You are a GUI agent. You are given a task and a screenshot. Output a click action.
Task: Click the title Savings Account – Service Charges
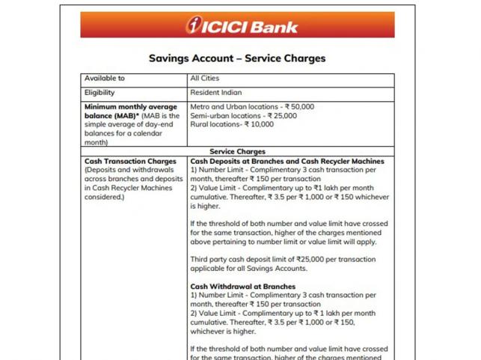(x=236, y=58)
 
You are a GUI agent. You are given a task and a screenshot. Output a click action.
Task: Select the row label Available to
(x=105, y=78)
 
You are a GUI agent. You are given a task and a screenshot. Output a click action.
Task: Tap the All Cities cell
(x=204, y=78)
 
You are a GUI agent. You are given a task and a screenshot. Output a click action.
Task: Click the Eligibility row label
(x=99, y=93)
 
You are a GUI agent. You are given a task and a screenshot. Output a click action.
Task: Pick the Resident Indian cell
(x=216, y=93)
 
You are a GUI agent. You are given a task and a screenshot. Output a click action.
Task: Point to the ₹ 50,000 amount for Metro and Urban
(x=297, y=107)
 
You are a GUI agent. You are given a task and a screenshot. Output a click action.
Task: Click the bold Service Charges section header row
(x=236, y=152)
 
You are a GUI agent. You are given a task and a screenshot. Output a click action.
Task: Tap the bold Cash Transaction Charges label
(x=130, y=161)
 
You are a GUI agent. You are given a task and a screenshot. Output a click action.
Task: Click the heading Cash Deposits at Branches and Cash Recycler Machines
(x=287, y=161)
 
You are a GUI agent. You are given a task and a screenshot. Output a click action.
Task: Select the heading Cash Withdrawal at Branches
(x=242, y=286)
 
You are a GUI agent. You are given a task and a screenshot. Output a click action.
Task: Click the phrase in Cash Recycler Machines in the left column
(x=128, y=188)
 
